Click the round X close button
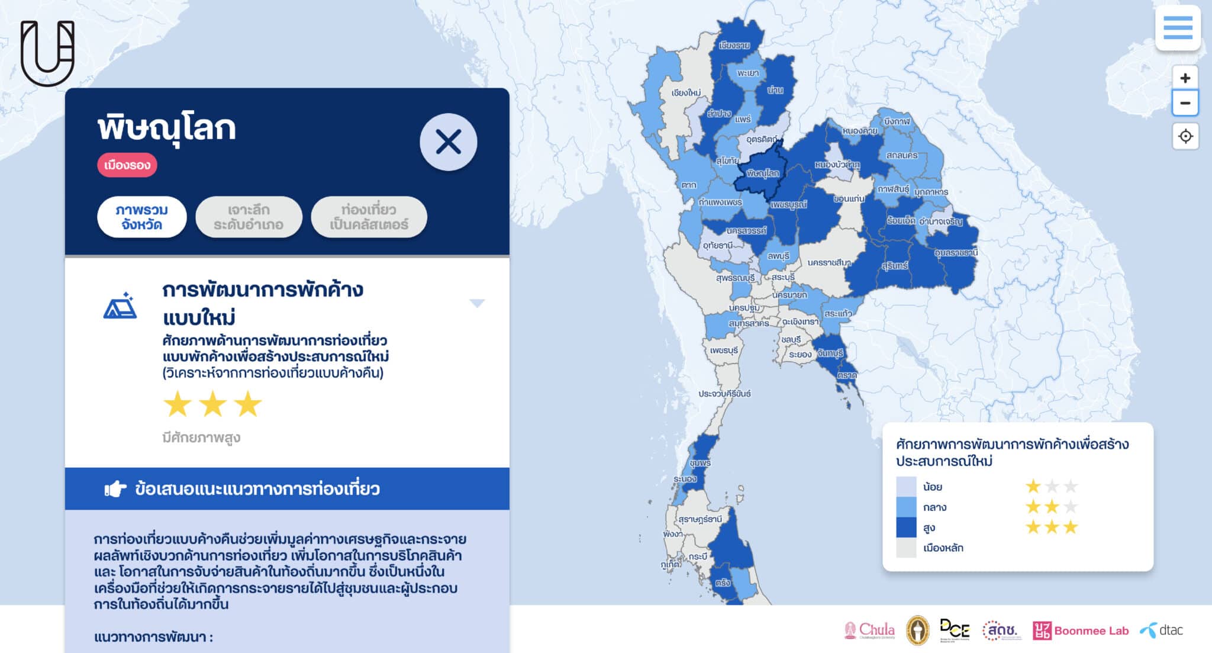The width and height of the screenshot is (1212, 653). pos(448,142)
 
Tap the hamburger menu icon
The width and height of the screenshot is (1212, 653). pos(1178,28)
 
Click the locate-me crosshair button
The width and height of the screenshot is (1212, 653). pos(1185,136)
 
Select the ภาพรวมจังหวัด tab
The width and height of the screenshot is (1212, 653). pos(141,217)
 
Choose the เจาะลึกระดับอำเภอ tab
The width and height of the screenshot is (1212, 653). pos(249,217)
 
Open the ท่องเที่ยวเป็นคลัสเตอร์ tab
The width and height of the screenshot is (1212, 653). pos(369,217)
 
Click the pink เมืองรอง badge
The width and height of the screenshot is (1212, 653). pos(127,165)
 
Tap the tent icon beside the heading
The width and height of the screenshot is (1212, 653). pos(120,306)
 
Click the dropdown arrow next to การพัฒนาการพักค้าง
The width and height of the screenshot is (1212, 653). pos(477,303)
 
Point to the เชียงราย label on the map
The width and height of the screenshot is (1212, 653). pos(734,46)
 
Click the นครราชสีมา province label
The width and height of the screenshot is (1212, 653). pos(829,262)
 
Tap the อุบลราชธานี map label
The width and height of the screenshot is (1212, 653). pos(956,253)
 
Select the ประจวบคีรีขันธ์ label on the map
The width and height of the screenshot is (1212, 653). pos(724,394)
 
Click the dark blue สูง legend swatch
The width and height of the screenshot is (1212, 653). pos(906,527)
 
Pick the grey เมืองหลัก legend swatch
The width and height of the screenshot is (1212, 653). pos(906,548)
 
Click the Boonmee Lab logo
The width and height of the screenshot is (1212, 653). pos(1081,631)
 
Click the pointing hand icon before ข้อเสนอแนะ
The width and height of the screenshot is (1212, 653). pos(115,489)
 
